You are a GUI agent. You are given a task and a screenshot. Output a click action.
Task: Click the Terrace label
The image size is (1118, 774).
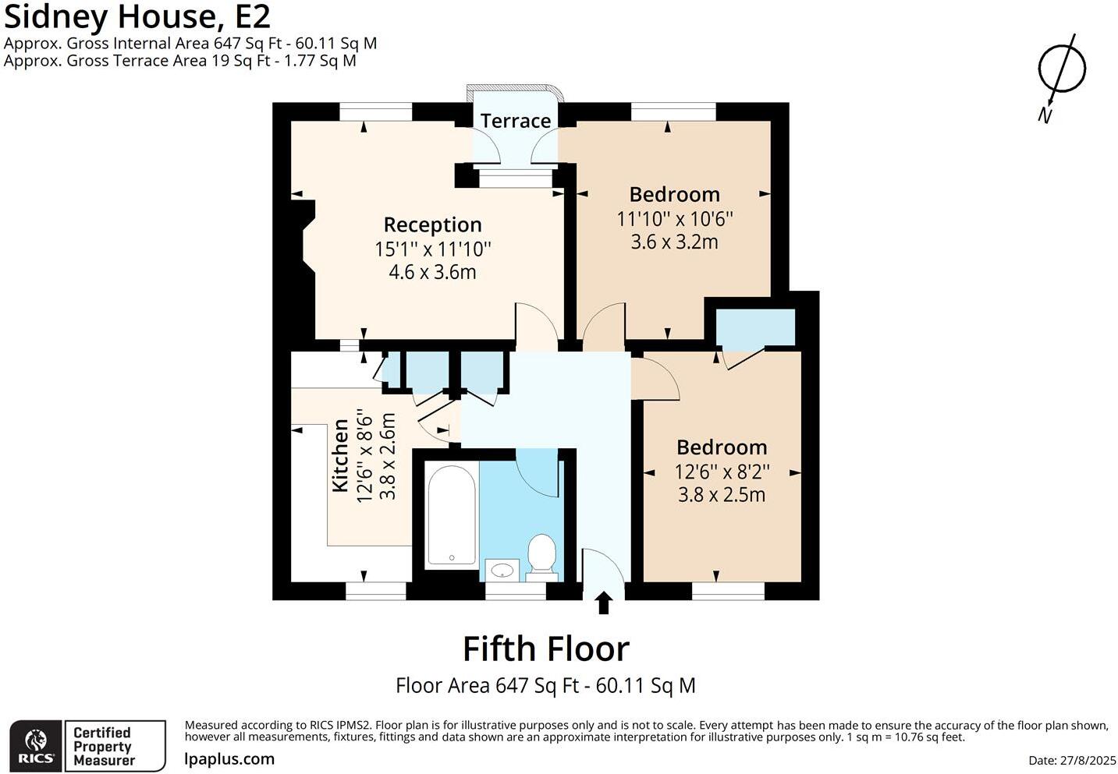[x=516, y=121]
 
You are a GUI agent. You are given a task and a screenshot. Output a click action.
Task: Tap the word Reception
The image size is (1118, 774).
[x=433, y=225]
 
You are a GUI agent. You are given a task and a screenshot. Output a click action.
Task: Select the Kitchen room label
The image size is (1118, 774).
[x=340, y=455]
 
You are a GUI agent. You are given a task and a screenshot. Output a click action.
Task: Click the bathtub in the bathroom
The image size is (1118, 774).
[x=452, y=515]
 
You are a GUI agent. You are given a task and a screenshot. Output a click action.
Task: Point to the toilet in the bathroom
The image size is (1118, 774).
[x=542, y=557]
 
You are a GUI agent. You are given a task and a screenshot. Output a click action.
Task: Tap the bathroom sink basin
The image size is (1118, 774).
[x=502, y=570]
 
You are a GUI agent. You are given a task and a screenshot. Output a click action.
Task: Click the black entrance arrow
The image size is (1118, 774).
[x=604, y=603]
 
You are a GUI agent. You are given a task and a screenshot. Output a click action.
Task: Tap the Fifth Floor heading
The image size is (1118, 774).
[x=546, y=649]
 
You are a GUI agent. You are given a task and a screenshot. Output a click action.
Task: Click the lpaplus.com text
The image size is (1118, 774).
[x=229, y=759]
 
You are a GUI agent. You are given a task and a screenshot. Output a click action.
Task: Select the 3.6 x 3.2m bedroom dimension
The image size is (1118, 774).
[x=674, y=242]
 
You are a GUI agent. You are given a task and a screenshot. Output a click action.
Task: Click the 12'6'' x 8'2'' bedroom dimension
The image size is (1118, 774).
[x=722, y=472]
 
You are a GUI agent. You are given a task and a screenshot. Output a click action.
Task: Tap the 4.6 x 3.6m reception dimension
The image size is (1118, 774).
[x=432, y=272]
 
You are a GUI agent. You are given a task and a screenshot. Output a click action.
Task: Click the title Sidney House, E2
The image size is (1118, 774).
[x=137, y=16]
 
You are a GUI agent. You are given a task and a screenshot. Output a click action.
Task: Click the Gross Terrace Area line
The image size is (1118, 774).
[x=180, y=61]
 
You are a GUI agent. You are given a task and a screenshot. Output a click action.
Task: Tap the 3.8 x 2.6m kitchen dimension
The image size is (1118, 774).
[x=388, y=456]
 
